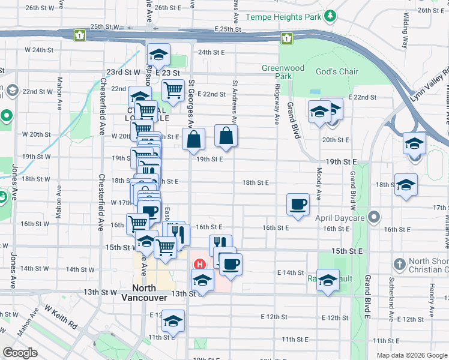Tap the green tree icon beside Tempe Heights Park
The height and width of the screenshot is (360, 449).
click(x=330, y=14)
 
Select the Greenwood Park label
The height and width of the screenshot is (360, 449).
click(x=277, y=72)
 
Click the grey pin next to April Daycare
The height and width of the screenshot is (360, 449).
click(x=375, y=215)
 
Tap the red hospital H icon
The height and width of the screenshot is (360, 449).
click(x=198, y=264)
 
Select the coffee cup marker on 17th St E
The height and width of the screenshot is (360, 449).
click(x=298, y=205)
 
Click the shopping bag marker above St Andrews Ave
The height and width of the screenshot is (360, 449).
click(x=225, y=137)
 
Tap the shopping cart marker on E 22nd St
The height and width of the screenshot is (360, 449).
click(x=173, y=91)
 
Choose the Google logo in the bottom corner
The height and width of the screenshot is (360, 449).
click(x=20, y=353)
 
